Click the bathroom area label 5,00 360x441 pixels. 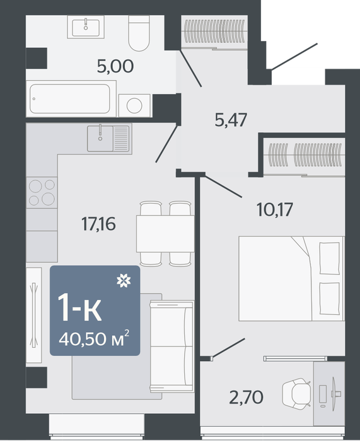pos(115,67)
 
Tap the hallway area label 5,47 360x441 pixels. pos(231,120)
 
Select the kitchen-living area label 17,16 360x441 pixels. pos(98,224)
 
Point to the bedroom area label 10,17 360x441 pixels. pos(275,210)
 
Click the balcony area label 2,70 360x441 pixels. pos(247,398)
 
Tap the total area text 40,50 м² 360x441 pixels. pos(94,339)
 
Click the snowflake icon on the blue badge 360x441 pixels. pos(124,281)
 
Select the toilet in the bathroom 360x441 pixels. pos(139,33)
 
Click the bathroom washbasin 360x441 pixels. pos(86,26)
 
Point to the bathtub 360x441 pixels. pos(71,99)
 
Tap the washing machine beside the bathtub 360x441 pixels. pos(135,105)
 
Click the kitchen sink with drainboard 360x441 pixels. pos(110,139)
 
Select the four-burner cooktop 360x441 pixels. pos(42,192)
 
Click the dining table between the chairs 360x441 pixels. pos(165,234)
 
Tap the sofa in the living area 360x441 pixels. pos(171,346)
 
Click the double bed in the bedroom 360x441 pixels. pos(292,278)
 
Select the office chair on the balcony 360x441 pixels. pos(296,394)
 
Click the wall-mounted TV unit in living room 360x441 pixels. pos(34,315)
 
